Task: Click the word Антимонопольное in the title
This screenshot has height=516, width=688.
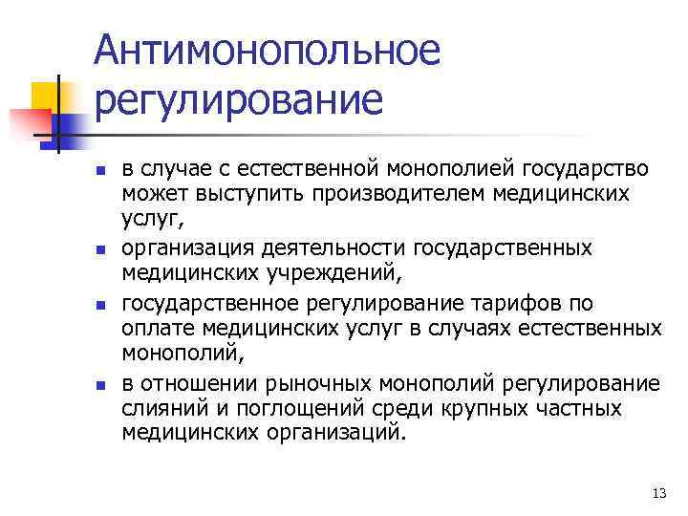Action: click(268, 50)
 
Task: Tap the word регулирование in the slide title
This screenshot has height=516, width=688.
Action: click(238, 99)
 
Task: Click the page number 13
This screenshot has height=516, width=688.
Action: click(656, 492)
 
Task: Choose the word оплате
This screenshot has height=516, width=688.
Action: click(155, 330)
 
